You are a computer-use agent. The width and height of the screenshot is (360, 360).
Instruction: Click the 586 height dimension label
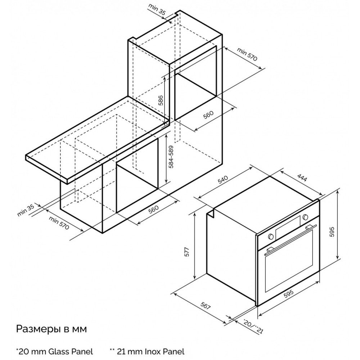pyautogui.click(x=161, y=100)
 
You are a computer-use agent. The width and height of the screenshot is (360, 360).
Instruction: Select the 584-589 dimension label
pyautogui.click(x=171, y=157)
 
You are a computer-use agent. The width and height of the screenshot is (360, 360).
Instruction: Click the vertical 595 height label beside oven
pyautogui.click(x=332, y=232)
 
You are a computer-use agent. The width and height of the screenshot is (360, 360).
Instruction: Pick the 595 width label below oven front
pyautogui.click(x=289, y=294)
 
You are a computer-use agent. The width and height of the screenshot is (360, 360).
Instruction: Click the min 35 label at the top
pyautogui.click(x=157, y=9)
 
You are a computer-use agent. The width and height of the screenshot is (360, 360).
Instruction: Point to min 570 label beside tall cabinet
pyautogui.click(x=247, y=54)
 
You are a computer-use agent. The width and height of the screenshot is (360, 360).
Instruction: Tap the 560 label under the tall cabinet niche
pyautogui.click(x=208, y=115)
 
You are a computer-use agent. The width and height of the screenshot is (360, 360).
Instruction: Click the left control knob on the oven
pyautogui.click(x=270, y=236)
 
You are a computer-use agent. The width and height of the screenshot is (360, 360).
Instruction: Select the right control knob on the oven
pyautogui.click(x=305, y=217)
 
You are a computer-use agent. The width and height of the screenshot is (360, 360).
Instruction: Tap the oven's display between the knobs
pyautogui.click(x=288, y=227)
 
